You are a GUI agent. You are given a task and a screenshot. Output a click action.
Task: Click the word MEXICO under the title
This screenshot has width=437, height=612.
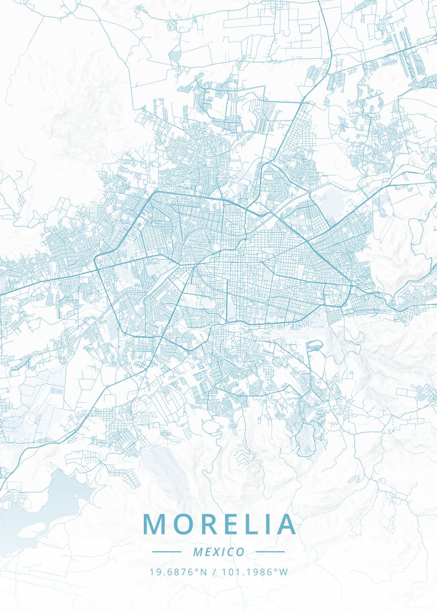click(x=219, y=552)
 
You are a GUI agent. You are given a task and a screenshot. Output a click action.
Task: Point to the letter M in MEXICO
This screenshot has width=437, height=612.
click(x=198, y=552)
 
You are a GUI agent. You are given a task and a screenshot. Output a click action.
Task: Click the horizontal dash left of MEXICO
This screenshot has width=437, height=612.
click(x=167, y=552)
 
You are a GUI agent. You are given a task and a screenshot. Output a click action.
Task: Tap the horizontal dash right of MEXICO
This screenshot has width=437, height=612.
click(x=270, y=552)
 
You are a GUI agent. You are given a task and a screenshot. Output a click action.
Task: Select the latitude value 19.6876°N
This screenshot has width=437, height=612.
click(x=178, y=572)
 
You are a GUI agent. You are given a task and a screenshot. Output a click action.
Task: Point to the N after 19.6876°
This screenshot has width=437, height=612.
click(x=204, y=572)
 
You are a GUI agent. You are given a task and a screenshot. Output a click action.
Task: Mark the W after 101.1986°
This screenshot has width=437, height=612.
click(x=284, y=572)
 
